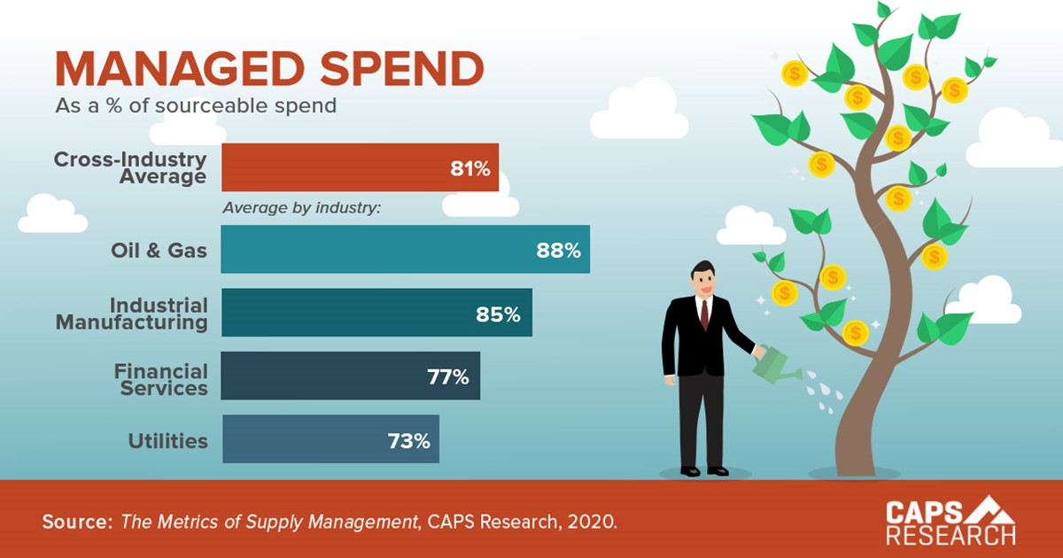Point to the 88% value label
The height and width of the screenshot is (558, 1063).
[558, 251]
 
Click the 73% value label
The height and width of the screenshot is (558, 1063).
[407, 440]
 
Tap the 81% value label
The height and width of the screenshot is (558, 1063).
[469, 168]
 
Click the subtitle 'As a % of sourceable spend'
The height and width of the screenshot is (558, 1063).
[196, 106]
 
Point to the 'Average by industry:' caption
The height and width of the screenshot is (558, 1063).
[301, 209]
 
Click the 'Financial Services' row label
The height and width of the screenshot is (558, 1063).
[160, 379]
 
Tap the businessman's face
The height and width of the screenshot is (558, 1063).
[703, 282]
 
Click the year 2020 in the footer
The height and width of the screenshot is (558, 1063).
[593, 522]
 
